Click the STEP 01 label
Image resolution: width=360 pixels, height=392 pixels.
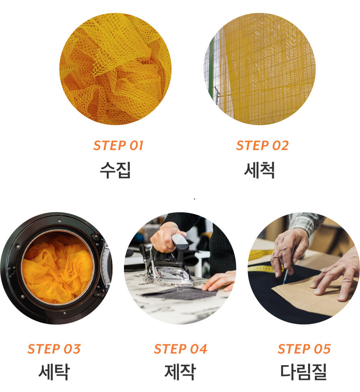(x=118, y=145)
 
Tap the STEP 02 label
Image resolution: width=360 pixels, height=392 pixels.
(x=262, y=145)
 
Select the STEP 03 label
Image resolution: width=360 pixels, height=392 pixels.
(x=54, y=349)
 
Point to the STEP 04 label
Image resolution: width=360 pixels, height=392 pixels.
(x=180, y=349)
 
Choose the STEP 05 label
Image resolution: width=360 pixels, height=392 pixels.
(x=304, y=349)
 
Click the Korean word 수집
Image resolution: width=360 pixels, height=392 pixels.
(x=115, y=170)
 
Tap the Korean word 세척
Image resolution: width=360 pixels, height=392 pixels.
(x=260, y=170)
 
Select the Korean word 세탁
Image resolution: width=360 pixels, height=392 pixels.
(x=54, y=372)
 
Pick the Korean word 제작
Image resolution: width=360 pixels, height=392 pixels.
(x=180, y=372)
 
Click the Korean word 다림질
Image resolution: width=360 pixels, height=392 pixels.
(x=303, y=372)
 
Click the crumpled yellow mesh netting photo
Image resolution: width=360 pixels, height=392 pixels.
(x=116, y=69)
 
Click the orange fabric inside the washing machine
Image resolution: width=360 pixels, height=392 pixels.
(x=57, y=269)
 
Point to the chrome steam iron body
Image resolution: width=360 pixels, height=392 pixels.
(x=170, y=275)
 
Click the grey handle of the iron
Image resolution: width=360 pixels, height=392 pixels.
(x=180, y=241)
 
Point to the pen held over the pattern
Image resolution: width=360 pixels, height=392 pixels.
(x=288, y=266)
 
